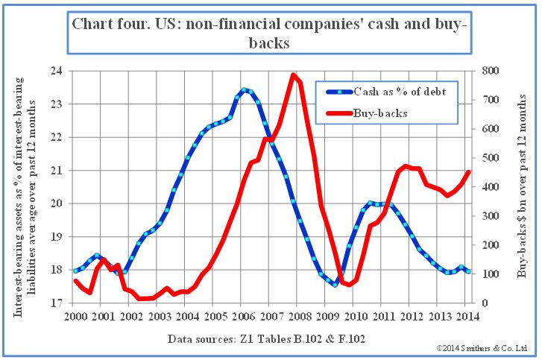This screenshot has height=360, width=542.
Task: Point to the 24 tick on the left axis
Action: (x=60, y=72)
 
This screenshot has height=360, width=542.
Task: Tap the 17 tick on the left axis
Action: (x=60, y=303)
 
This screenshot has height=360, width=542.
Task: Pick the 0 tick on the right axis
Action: (x=485, y=303)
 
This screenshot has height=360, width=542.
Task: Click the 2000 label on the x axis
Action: (x=76, y=316)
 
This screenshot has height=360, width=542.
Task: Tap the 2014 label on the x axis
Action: (x=464, y=316)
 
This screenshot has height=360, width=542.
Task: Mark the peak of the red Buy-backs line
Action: (x=294, y=74)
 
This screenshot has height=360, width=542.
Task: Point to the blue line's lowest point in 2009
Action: (x=335, y=284)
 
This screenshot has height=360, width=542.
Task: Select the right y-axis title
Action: (x=521, y=187)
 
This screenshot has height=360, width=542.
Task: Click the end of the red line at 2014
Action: (x=468, y=171)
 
